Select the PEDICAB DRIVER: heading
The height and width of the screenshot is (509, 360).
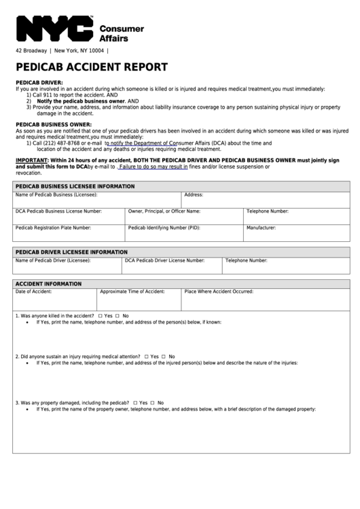(39, 83)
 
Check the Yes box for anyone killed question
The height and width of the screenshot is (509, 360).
(100, 316)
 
